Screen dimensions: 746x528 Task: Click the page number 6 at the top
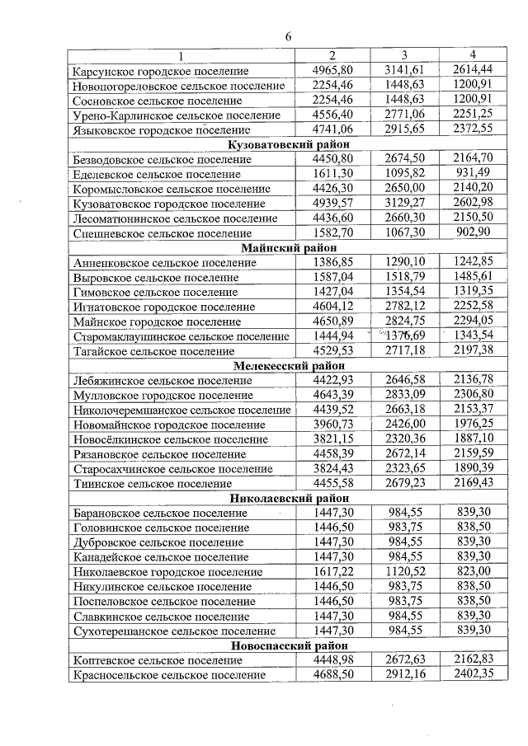coord(289,37)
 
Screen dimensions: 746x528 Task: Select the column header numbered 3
coord(404,55)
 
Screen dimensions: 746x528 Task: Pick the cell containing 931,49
coord(473,174)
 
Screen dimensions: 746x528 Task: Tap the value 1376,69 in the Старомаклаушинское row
coord(404,336)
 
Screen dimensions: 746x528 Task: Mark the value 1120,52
coord(404,572)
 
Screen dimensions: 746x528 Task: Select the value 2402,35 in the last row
coord(473,675)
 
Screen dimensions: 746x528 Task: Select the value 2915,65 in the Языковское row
coord(404,129)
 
